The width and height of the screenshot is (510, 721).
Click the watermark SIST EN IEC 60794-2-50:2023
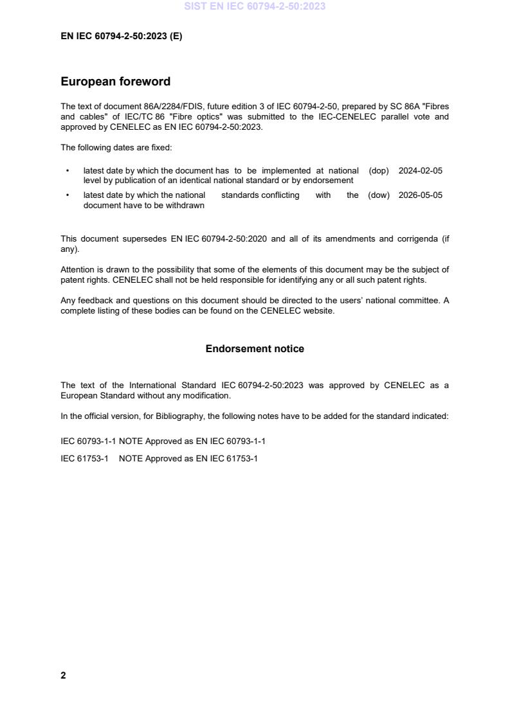[255, 6]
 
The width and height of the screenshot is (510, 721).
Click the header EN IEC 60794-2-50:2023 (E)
[121, 37]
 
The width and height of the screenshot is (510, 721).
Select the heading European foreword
[115, 82]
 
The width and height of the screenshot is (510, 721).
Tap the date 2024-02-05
[421, 171]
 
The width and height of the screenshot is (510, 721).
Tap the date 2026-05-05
[421, 195]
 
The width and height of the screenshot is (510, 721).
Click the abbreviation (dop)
[379, 171]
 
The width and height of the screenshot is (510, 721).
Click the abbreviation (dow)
[379, 195]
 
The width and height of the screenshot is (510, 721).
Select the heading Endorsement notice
[255, 349]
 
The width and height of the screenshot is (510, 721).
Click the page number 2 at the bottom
[63, 675]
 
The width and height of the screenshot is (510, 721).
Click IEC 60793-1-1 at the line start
[88, 441]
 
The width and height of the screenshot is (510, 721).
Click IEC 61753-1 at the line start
[84, 459]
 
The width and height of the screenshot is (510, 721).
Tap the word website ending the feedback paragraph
[318, 312]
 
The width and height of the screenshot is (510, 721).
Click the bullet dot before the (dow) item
[68, 195]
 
